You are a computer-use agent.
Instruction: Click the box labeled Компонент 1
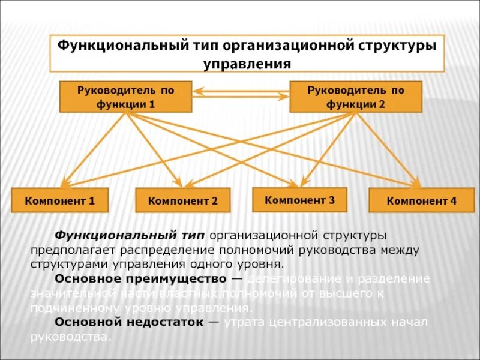pos(60,200)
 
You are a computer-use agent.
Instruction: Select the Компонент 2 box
pos(183,200)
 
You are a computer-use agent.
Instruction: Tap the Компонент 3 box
pos(300,199)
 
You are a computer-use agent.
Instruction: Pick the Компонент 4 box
pos(422,200)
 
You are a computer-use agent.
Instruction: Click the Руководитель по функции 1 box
pos(125,97)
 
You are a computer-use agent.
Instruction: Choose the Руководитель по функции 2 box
pos(356,97)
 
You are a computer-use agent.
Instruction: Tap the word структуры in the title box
pos(396,46)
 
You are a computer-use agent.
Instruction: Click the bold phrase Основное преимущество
pos(140,279)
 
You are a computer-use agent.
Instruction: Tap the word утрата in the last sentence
pos(244,322)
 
